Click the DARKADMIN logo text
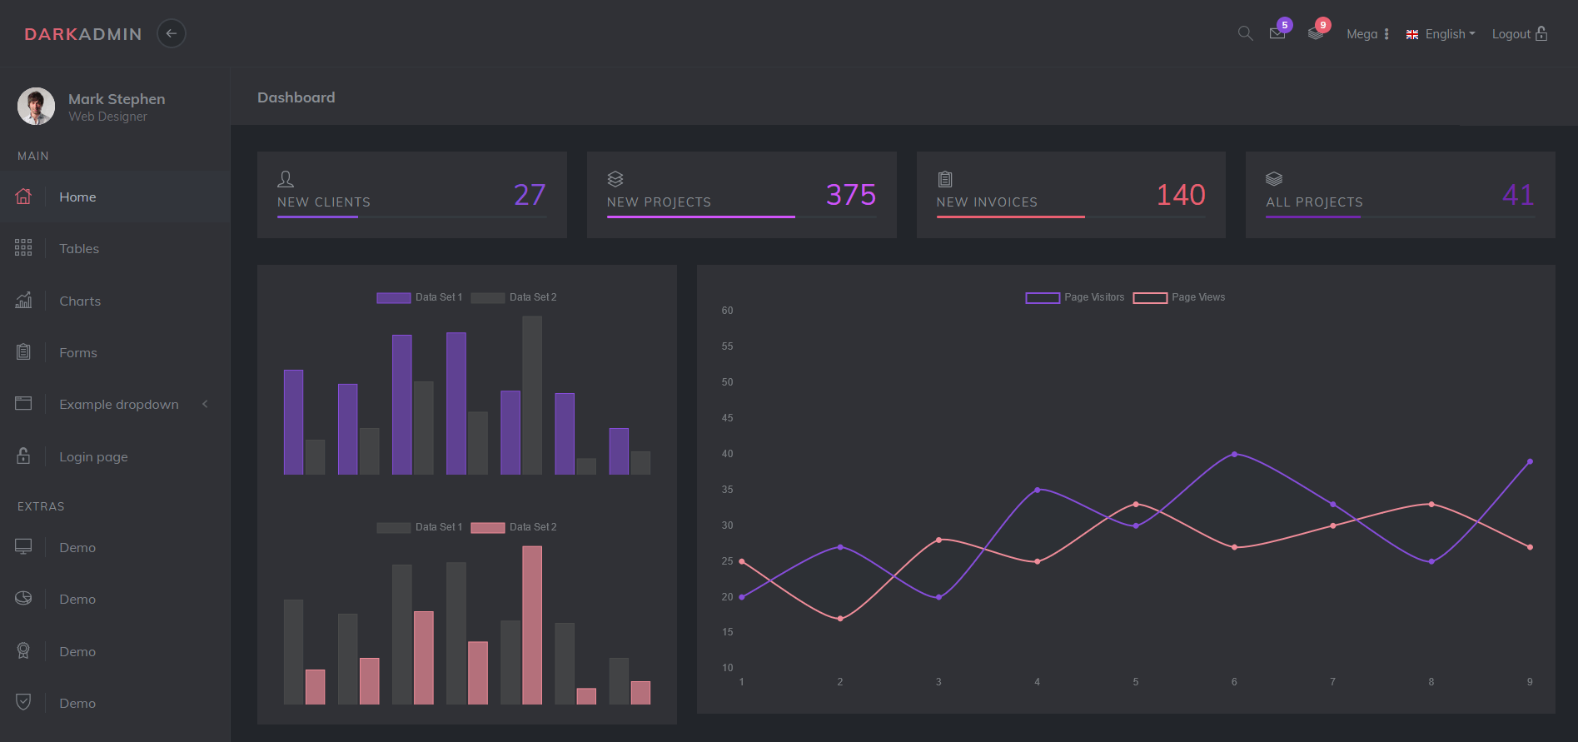pos(83,34)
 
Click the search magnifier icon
pos(1245,33)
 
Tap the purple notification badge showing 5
pos(1285,25)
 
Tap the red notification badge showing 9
pos(1322,25)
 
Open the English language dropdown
pos(1441,34)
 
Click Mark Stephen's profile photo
pos(36,107)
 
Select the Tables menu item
pos(79,248)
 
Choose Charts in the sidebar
pos(80,301)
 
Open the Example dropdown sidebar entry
pos(119,404)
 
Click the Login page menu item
pos(93,456)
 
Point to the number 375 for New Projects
pos(850,195)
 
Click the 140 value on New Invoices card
pos(1180,195)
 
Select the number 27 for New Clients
pos(530,195)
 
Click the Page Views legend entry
pos(1179,297)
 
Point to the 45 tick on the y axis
pos(727,418)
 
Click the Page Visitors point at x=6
pos(1234,454)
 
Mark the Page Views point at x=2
pos(840,619)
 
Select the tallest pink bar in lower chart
pos(532,625)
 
